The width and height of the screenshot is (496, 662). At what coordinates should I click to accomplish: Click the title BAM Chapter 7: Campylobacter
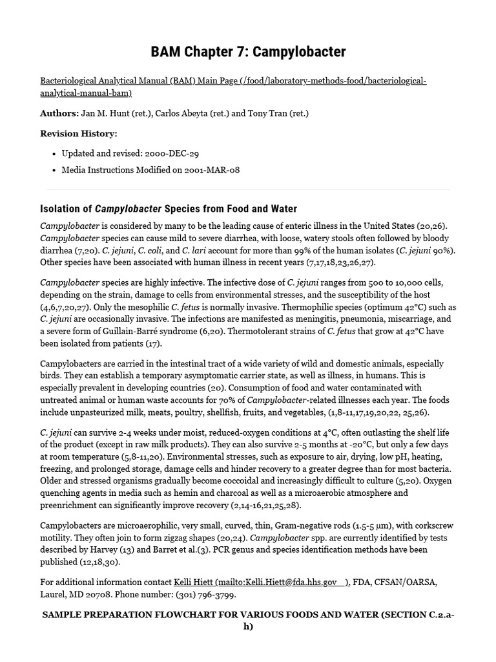[x=248, y=52]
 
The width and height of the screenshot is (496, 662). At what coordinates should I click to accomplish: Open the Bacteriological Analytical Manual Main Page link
[x=232, y=81]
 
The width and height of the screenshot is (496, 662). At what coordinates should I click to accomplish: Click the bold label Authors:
[x=59, y=113]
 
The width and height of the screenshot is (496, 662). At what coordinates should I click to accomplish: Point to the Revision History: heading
[x=79, y=133]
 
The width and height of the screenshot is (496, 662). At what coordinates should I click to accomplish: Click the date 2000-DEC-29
[x=165, y=153]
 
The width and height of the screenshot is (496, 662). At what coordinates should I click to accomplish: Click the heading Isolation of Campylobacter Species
[x=169, y=209]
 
